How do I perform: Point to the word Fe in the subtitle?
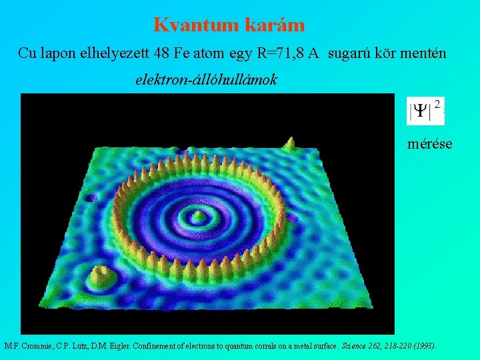pyautogui.click(x=203, y=53)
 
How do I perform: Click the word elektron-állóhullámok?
pyautogui.click(x=206, y=80)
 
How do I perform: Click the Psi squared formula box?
pyautogui.click(x=425, y=110)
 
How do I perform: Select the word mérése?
pyautogui.click(x=429, y=143)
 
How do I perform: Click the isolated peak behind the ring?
pyautogui.click(x=290, y=143)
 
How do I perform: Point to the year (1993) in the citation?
pyautogui.click(x=424, y=346)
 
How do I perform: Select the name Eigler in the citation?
pyautogui.click(x=118, y=346)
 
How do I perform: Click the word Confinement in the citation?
pyautogui.click(x=159, y=346)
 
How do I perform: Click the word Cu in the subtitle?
pyautogui.click(x=27, y=53)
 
